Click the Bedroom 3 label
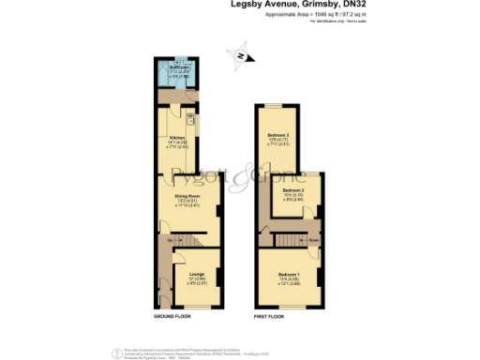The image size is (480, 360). point(277,136)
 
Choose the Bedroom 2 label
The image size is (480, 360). point(294,191)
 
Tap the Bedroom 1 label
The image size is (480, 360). point(288,272)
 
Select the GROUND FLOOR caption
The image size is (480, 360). point(172,317)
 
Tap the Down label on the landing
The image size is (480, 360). point(313,240)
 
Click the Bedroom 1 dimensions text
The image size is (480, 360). point(288,280)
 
